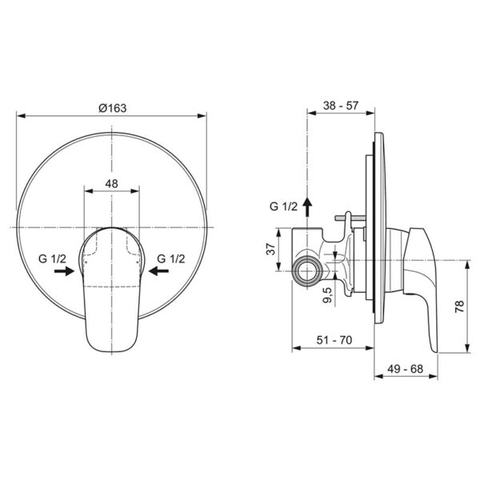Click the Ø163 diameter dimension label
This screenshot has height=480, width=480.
pyautogui.click(x=112, y=108)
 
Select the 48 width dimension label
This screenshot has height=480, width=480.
pyautogui.click(x=111, y=184)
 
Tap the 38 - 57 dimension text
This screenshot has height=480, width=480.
pyautogui.click(x=341, y=106)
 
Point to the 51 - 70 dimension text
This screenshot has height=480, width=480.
pyautogui.click(x=334, y=340)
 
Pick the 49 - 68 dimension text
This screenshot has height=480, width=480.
pyautogui.click(x=406, y=369)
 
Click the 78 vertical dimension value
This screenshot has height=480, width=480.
pyautogui.click(x=460, y=306)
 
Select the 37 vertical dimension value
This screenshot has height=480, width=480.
pyautogui.click(x=270, y=249)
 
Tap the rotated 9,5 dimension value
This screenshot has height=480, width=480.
pyautogui.click(x=327, y=295)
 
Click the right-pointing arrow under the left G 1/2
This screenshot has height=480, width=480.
pyautogui.click(x=64, y=271)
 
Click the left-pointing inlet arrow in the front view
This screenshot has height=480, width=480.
pyautogui.click(x=158, y=271)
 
